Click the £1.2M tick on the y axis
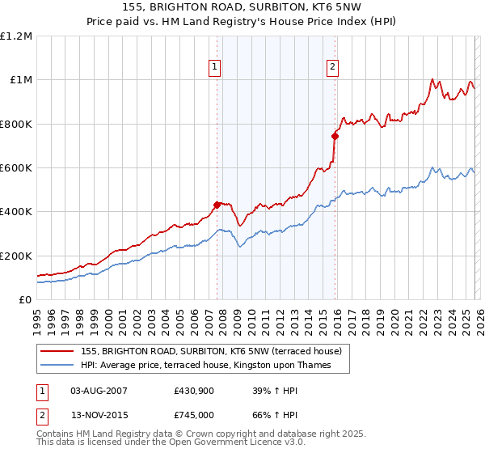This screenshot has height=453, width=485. coord(16,36)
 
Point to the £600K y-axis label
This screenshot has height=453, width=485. coord(16,168)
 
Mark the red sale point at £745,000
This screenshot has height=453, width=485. coord(335,136)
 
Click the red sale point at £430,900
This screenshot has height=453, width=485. coord(217,205)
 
